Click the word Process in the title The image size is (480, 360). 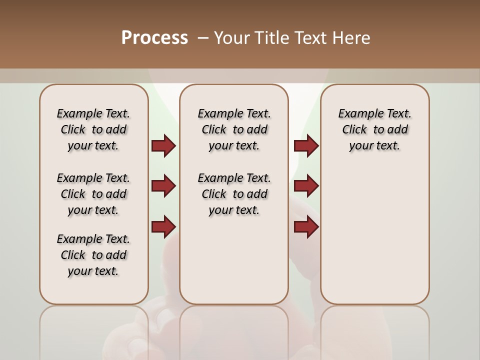tap(154, 38)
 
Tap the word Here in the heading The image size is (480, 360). tap(352, 38)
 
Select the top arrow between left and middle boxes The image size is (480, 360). tap(163, 145)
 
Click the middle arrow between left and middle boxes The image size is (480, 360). tap(163, 186)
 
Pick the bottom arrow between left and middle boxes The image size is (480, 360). tap(163, 226)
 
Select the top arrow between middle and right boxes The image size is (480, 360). tap(306, 145)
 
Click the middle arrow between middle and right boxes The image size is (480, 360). tap(306, 186)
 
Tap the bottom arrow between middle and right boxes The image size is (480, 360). tap(306, 226)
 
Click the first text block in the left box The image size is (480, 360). tap(93, 129)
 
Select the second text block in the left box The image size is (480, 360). tap(93, 194)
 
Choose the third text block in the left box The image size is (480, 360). tap(93, 255)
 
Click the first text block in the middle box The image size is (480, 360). tap(234, 129)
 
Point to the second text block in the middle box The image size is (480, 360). tap(234, 194)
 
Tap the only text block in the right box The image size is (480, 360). tap(374, 129)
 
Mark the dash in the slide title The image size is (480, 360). tap(203, 38)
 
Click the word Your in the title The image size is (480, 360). tap(232, 38)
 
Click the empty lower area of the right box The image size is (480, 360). tap(374, 240)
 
